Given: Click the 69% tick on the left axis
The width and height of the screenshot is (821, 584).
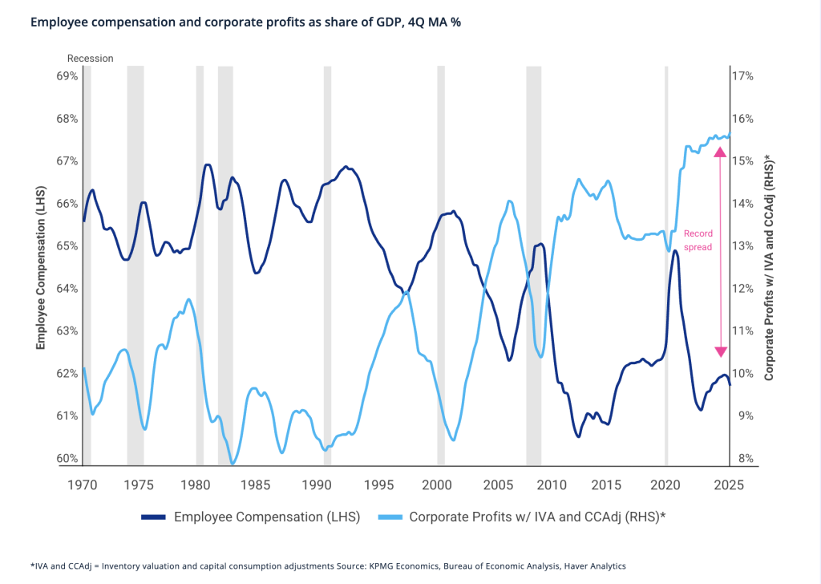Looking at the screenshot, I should [67, 76].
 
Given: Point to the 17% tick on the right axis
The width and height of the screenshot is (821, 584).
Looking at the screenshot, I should [743, 76].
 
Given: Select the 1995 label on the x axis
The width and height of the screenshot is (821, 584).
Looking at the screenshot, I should [380, 485].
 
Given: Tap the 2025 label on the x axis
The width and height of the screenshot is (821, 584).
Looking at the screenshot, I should [729, 485].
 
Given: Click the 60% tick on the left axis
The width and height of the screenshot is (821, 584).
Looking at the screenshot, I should [67, 458].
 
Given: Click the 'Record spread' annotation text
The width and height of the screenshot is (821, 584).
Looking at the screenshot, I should [698, 241].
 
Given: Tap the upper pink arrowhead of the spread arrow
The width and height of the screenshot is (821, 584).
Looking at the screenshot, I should [720, 152].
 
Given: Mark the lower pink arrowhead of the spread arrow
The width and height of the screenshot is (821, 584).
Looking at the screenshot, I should [720, 351].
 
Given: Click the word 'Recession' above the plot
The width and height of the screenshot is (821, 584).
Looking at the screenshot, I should [90, 58].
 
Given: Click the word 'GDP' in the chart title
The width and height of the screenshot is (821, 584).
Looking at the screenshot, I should [342, 22].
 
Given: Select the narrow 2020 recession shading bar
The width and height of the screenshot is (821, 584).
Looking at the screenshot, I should [666, 265].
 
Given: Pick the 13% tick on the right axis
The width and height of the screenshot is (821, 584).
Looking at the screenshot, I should [743, 246].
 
